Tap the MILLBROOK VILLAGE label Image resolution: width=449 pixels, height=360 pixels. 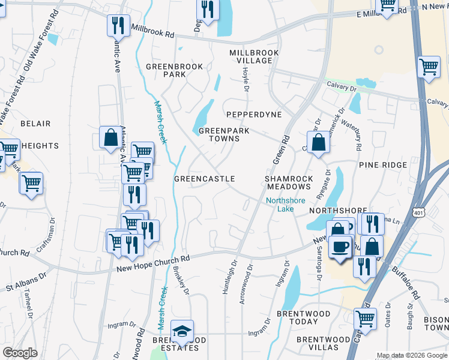(254, 57)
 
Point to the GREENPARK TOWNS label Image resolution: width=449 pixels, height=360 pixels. (219, 134)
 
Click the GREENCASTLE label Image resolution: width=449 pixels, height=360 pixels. (204, 179)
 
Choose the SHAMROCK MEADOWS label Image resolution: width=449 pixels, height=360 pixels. (289, 182)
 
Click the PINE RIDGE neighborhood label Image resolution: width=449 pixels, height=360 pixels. (383, 164)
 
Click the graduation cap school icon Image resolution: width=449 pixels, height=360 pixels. (181, 331)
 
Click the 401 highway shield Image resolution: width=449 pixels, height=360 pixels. (420, 212)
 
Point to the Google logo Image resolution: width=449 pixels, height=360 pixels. (20, 353)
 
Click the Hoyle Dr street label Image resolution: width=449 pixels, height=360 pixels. (246, 79)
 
